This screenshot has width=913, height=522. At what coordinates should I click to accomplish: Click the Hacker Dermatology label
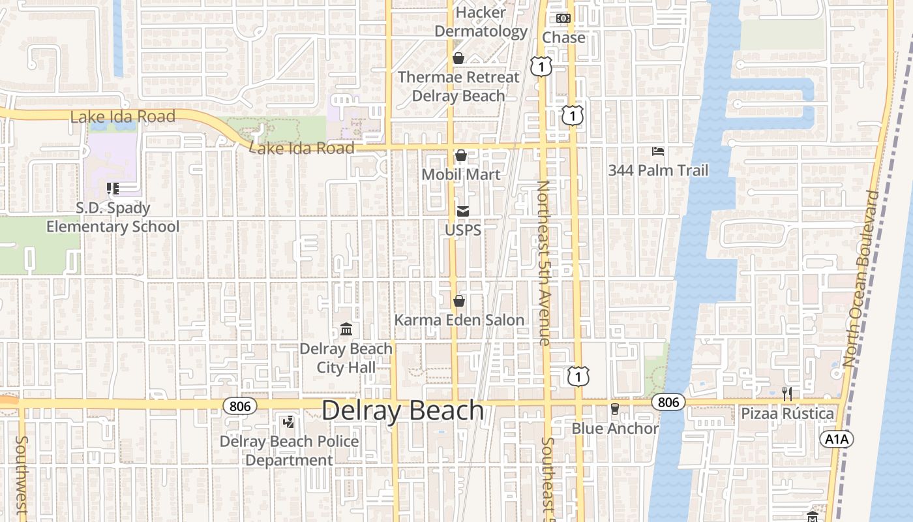pos(481,22)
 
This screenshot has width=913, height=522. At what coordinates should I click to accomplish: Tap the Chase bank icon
pos(563,18)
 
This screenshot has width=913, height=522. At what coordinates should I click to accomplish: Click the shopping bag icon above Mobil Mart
pos(461,155)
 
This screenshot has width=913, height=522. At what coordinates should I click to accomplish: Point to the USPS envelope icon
pos(463,211)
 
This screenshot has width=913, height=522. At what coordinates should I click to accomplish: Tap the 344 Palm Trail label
pos(658,171)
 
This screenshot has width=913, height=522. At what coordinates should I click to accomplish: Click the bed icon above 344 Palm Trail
pos(658,152)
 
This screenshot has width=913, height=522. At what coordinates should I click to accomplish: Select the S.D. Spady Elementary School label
pos(113,217)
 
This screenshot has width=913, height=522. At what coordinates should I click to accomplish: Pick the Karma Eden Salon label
pos(459,320)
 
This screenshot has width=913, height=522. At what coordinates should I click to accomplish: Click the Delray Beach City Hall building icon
pos(346,330)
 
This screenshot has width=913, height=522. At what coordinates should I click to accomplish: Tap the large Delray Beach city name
pos(403,410)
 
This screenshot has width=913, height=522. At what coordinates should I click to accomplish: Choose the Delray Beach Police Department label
pos(289,450)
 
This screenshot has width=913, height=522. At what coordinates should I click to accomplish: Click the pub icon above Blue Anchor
pos(614,409)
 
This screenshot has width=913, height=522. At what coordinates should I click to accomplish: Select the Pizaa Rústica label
pos(787,414)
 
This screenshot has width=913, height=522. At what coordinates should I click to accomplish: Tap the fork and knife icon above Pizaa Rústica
pos(787,393)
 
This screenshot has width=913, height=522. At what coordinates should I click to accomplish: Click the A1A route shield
pos(836,439)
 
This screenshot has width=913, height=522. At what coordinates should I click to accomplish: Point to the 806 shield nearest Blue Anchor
pos(668,402)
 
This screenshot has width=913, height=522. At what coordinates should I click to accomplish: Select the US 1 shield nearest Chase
pos(541,66)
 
